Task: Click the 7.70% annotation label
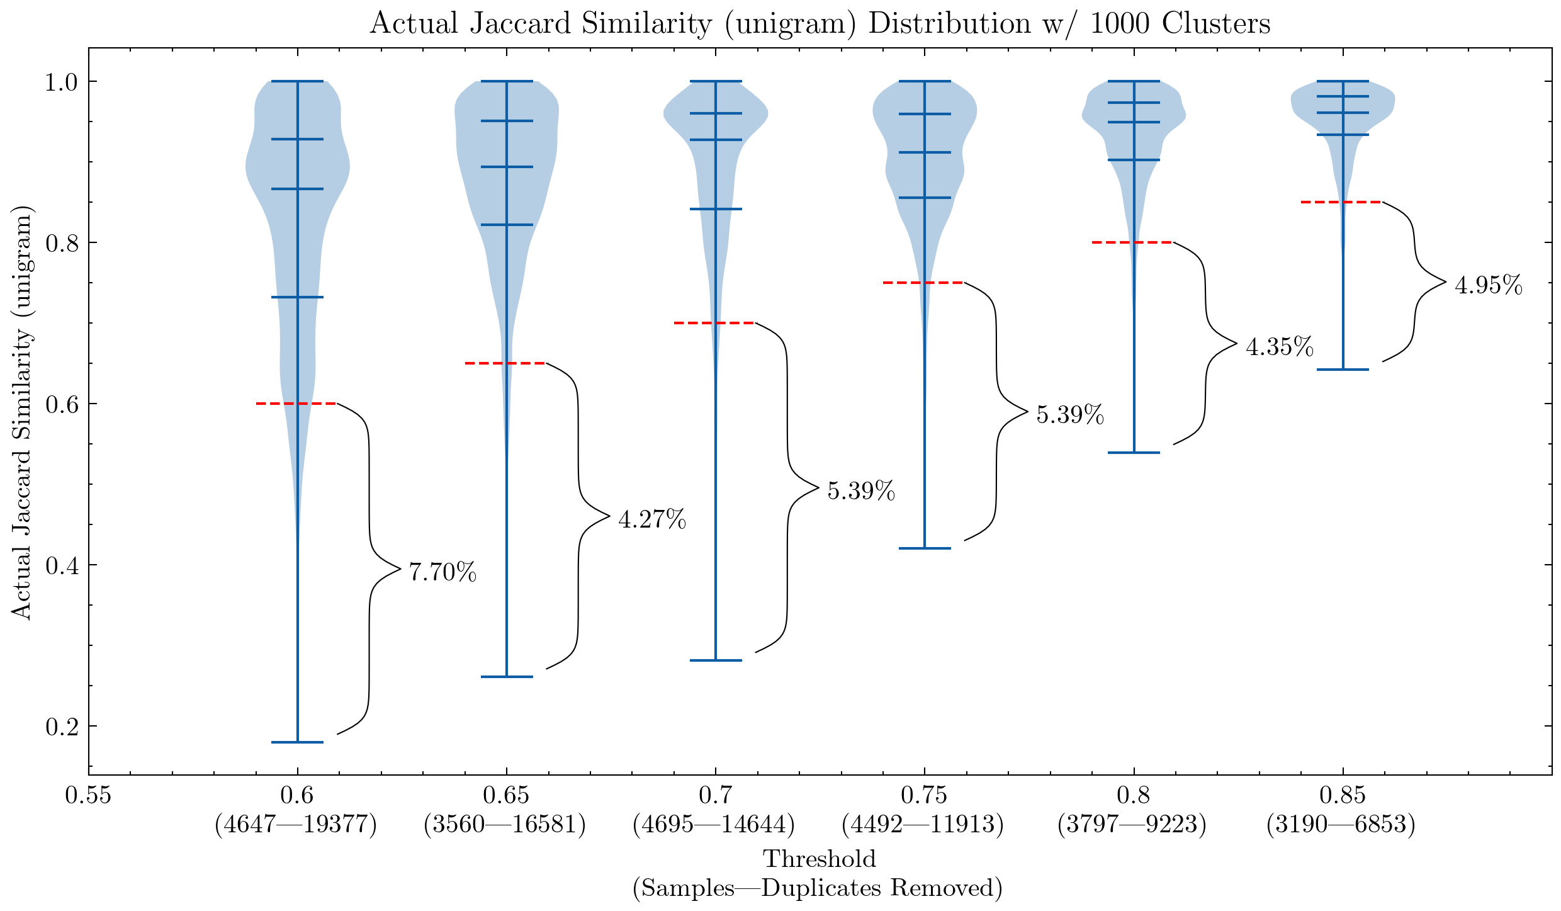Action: point(442,572)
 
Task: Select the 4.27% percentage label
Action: point(652,520)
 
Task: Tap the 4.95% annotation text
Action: point(1489,286)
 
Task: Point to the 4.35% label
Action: point(1280,347)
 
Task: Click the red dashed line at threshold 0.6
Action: point(296,403)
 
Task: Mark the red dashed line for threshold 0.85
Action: point(1341,202)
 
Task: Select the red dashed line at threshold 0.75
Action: point(923,283)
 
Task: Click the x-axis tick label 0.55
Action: point(88,796)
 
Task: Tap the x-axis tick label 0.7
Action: point(715,796)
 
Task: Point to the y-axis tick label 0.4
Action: point(62,565)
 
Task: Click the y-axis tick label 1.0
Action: point(62,82)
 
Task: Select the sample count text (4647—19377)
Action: point(296,824)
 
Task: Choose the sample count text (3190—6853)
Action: point(1341,824)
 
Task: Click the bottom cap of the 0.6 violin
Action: point(297,742)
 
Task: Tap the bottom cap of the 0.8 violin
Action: point(1134,453)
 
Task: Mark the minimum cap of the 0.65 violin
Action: point(507,677)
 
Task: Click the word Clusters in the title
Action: point(1216,24)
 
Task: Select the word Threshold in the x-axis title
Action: point(820,859)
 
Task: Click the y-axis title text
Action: point(21,412)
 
